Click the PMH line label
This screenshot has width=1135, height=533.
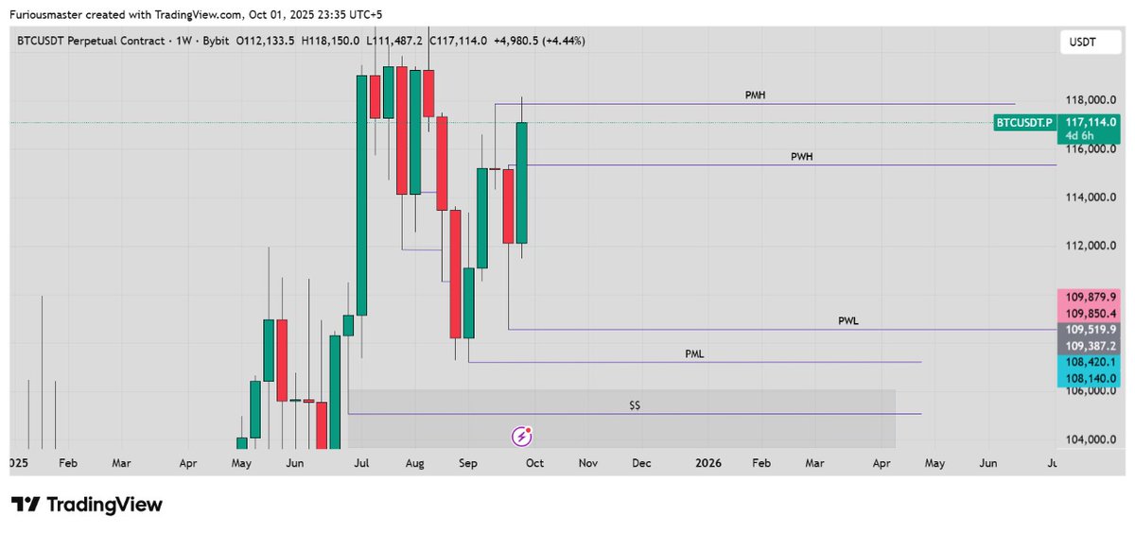(x=755, y=95)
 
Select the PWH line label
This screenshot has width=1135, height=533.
(x=801, y=157)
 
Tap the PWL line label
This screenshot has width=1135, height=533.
(x=848, y=321)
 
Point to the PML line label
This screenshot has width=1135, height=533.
(x=694, y=354)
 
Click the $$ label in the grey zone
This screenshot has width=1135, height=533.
(x=636, y=405)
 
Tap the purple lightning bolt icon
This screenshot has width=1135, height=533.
(x=522, y=436)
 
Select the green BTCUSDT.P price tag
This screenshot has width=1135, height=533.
(x=1024, y=123)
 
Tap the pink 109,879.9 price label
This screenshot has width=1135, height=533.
(x=1091, y=297)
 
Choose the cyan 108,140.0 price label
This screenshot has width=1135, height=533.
(x=1091, y=378)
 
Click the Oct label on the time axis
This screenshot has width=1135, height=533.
(x=534, y=464)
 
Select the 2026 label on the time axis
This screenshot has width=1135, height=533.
(x=707, y=464)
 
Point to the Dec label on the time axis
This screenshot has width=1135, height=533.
(x=641, y=464)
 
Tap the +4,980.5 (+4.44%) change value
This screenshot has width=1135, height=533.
(x=539, y=41)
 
